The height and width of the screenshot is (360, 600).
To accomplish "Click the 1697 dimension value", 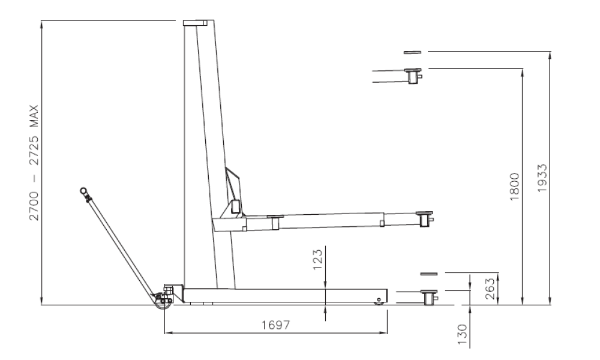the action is coord(276,325).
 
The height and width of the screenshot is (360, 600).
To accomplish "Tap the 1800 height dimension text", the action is coord(515,187).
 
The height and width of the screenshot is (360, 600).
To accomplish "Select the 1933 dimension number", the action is coord(542,178).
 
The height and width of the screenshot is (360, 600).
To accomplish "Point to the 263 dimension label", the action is coord(490,289).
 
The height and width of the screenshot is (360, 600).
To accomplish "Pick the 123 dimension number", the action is coord(317,260).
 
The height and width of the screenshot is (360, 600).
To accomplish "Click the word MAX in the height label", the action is coord(34,116).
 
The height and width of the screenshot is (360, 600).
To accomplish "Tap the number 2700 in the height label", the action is coord(34,206).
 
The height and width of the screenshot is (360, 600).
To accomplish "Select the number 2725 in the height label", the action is coord(34,151).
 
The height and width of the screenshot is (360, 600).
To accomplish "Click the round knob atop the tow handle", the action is coord(83,190).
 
